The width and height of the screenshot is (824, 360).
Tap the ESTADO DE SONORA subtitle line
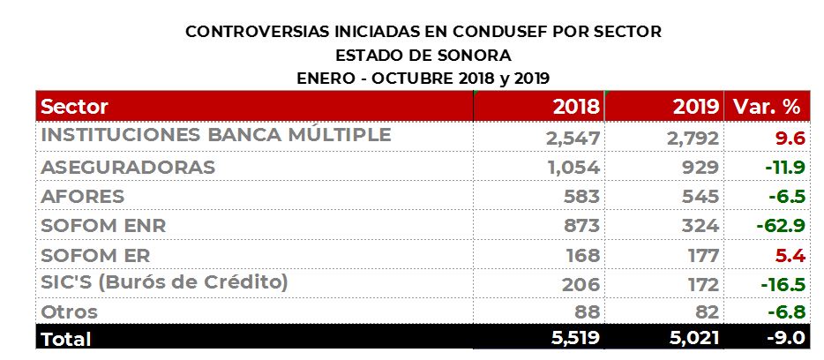coord(423,55)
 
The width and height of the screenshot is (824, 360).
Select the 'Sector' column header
coord(75,108)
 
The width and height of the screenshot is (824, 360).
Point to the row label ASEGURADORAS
coord(128,167)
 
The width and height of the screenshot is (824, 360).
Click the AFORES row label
coord(83,196)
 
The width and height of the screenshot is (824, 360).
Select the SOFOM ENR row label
coord(103,225)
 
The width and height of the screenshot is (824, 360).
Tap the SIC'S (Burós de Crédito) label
coord(165,283)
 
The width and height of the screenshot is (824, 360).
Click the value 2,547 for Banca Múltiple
coord(573,138)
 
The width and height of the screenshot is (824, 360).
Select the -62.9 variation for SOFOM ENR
coord(780,225)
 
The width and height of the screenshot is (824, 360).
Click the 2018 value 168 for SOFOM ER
coord(581,255)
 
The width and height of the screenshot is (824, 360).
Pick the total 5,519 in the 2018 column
coord(573,338)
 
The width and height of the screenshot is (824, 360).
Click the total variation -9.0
coord(783,338)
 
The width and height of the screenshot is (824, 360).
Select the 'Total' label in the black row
coord(66,338)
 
